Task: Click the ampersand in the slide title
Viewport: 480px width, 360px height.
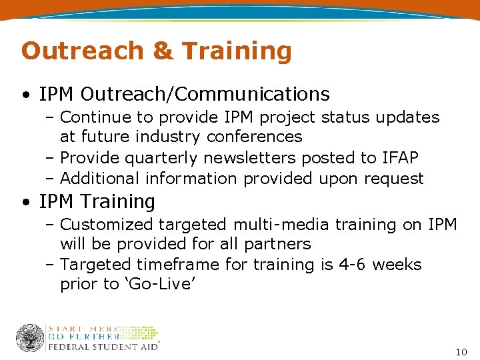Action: click(x=163, y=51)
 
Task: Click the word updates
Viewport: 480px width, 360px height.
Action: click(x=409, y=117)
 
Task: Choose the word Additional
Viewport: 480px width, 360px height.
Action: click(x=99, y=179)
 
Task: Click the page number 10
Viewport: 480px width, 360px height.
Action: click(x=461, y=351)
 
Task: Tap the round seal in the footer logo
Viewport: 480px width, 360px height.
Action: click(x=30, y=338)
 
